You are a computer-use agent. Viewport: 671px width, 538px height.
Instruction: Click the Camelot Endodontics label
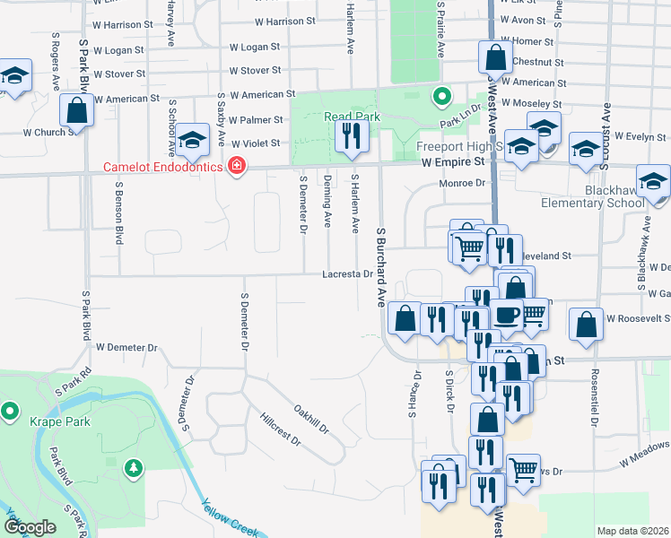(x=166, y=167)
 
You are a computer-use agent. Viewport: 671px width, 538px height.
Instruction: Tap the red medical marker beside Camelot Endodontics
(x=237, y=167)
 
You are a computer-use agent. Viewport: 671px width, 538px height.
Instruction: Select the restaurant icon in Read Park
(x=349, y=136)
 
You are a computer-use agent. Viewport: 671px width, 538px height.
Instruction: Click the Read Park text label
(x=353, y=117)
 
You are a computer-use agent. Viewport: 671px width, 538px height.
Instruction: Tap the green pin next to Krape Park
(x=10, y=412)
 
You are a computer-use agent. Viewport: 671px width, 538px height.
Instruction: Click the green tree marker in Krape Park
(x=134, y=467)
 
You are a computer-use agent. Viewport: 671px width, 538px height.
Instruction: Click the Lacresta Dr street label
(x=349, y=274)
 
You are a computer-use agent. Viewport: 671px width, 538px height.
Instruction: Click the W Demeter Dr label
(x=126, y=347)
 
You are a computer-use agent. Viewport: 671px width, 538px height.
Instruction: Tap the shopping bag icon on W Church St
(x=77, y=111)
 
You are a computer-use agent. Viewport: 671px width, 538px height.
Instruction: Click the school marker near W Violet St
(x=191, y=140)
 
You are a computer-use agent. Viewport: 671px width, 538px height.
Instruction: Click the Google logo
(x=30, y=528)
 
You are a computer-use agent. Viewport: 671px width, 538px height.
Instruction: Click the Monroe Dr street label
(x=462, y=183)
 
